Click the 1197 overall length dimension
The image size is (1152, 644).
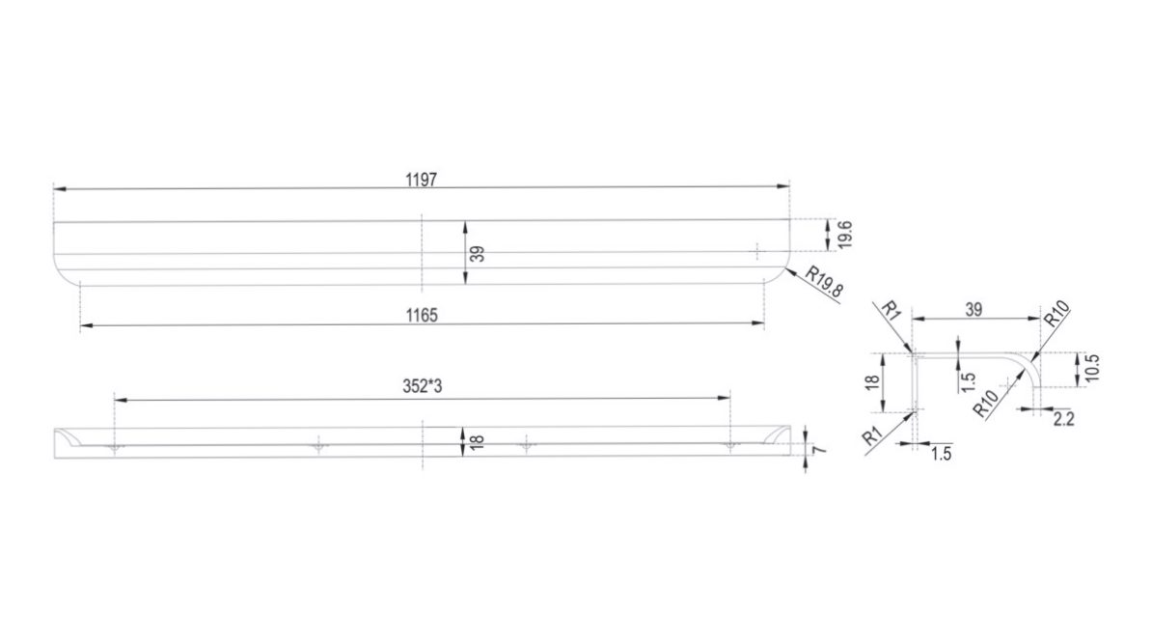click(421, 181)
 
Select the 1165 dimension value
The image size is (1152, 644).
click(422, 316)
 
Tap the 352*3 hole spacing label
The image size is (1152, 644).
click(423, 387)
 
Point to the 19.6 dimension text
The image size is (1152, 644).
click(844, 234)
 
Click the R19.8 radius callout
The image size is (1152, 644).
click(824, 282)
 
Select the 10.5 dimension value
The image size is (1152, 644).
click(1092, 368)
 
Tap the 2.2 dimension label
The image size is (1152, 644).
click(1064, 419)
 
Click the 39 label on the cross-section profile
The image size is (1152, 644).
click(974, 310)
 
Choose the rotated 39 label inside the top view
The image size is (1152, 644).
click(477, 254)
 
